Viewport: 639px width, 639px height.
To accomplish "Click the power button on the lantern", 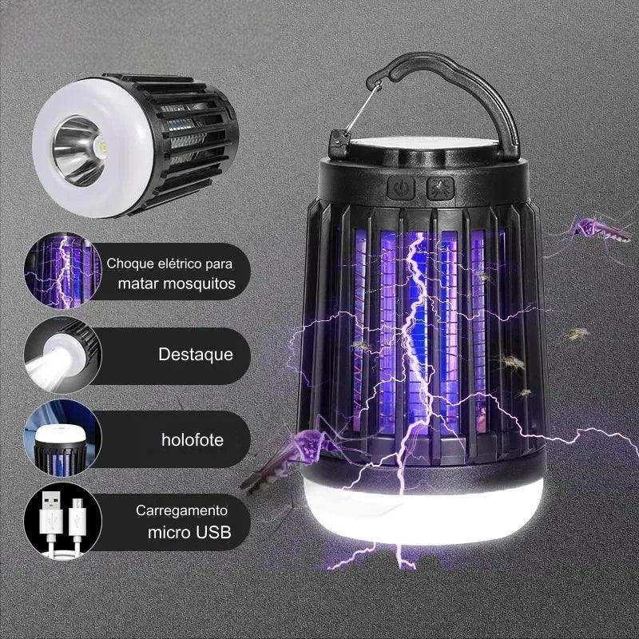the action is point(401,188).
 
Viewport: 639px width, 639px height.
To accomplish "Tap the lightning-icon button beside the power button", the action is point(440,189).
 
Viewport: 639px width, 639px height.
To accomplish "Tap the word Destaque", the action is point(196,354).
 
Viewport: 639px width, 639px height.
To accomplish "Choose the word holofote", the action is point(192,440).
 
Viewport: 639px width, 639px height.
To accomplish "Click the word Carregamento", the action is point(181,510).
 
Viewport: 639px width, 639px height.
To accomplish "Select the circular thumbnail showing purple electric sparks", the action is point(63,271).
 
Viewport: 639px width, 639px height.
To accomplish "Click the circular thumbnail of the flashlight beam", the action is point(63,355).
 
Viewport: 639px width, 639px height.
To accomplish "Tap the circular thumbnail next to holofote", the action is point(63,438).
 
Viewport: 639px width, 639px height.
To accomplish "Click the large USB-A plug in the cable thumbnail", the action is point(52,513).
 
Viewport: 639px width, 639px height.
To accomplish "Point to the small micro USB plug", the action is point(77,517).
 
